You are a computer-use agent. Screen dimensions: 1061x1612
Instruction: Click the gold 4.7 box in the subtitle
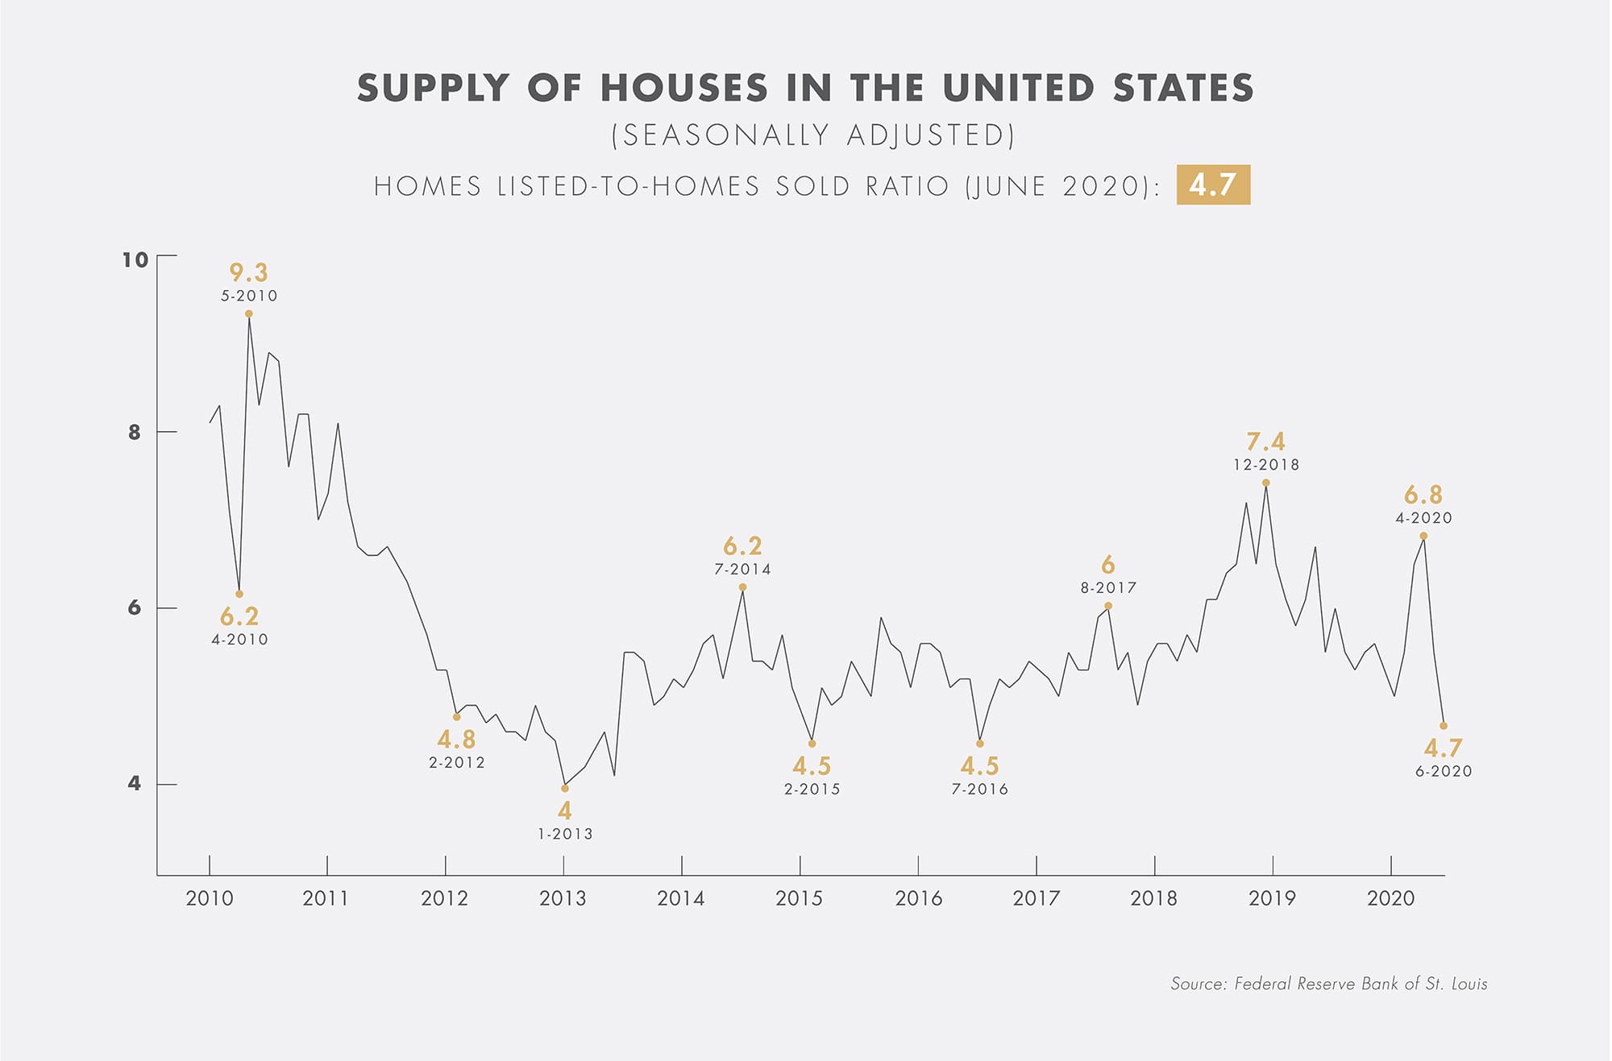coord(1212,184)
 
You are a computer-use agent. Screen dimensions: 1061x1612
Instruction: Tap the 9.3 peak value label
coord(248,273)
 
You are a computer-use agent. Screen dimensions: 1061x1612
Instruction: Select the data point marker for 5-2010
coord(249,313)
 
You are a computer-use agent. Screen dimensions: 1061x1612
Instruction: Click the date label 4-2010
coord(239,640)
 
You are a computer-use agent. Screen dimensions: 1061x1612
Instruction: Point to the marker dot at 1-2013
coord(564,788)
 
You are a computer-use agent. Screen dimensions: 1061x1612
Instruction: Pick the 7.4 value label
coord(1265,442)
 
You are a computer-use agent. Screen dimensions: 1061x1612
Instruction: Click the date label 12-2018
coord(1265,465)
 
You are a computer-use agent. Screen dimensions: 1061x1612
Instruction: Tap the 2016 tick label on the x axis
coord(918,898)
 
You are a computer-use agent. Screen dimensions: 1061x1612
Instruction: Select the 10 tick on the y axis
coord(135,259)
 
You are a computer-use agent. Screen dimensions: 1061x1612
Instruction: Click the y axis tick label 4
coord(134,783)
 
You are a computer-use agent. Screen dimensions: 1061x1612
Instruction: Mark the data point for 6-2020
coord(1443,726)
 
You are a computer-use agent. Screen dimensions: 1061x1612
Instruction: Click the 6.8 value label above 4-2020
coord(1423,495)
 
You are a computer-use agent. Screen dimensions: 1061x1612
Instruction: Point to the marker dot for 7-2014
coord(742,587)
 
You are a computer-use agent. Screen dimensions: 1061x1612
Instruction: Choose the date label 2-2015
coord(812,790)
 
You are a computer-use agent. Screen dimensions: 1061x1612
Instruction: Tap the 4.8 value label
coord(456,740)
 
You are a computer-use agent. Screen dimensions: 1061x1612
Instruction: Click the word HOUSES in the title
coord(683,89)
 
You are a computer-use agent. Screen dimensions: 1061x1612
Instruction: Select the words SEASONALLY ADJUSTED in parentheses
coord(812,135)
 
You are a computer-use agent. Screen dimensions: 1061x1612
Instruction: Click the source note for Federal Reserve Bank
coord(1328,984)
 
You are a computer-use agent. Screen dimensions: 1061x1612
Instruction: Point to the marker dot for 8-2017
coord(1107,606)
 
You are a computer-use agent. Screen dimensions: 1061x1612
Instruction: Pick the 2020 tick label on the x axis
coord(1390,898)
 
